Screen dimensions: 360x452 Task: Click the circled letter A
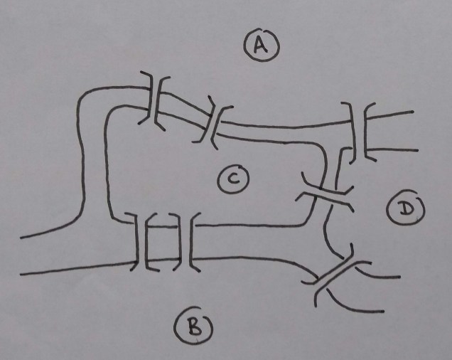(261, 46)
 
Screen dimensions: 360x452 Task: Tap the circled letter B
(193, 326)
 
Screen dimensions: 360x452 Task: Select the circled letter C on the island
(232, 181)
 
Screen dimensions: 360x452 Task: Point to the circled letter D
(406, 209)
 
